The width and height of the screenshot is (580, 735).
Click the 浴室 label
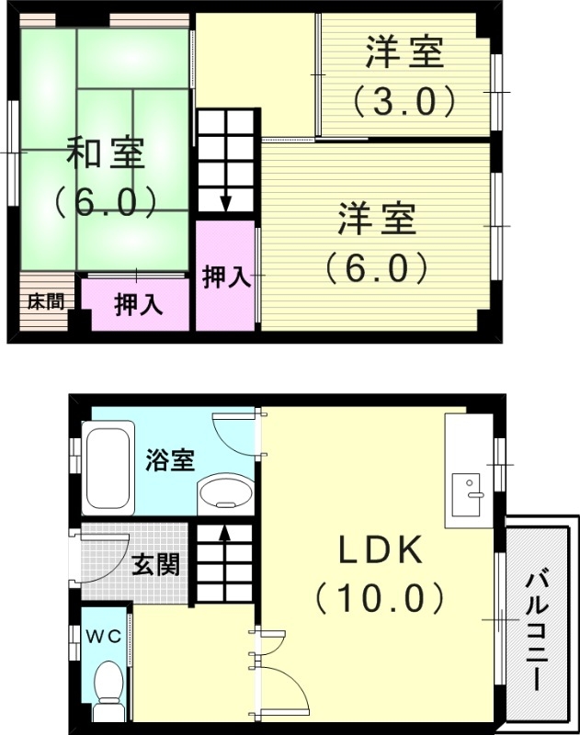(x=169, y=459)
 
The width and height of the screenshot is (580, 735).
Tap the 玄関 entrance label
(x=156, y=565)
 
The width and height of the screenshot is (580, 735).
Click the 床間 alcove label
(x=44, y=300)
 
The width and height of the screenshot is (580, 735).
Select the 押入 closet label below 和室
(x=138, y=305)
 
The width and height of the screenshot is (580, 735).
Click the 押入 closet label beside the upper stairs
(x=226, y=277)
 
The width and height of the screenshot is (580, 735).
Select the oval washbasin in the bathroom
(x=224, y=492)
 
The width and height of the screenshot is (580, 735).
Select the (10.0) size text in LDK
(x=380, y=599)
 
